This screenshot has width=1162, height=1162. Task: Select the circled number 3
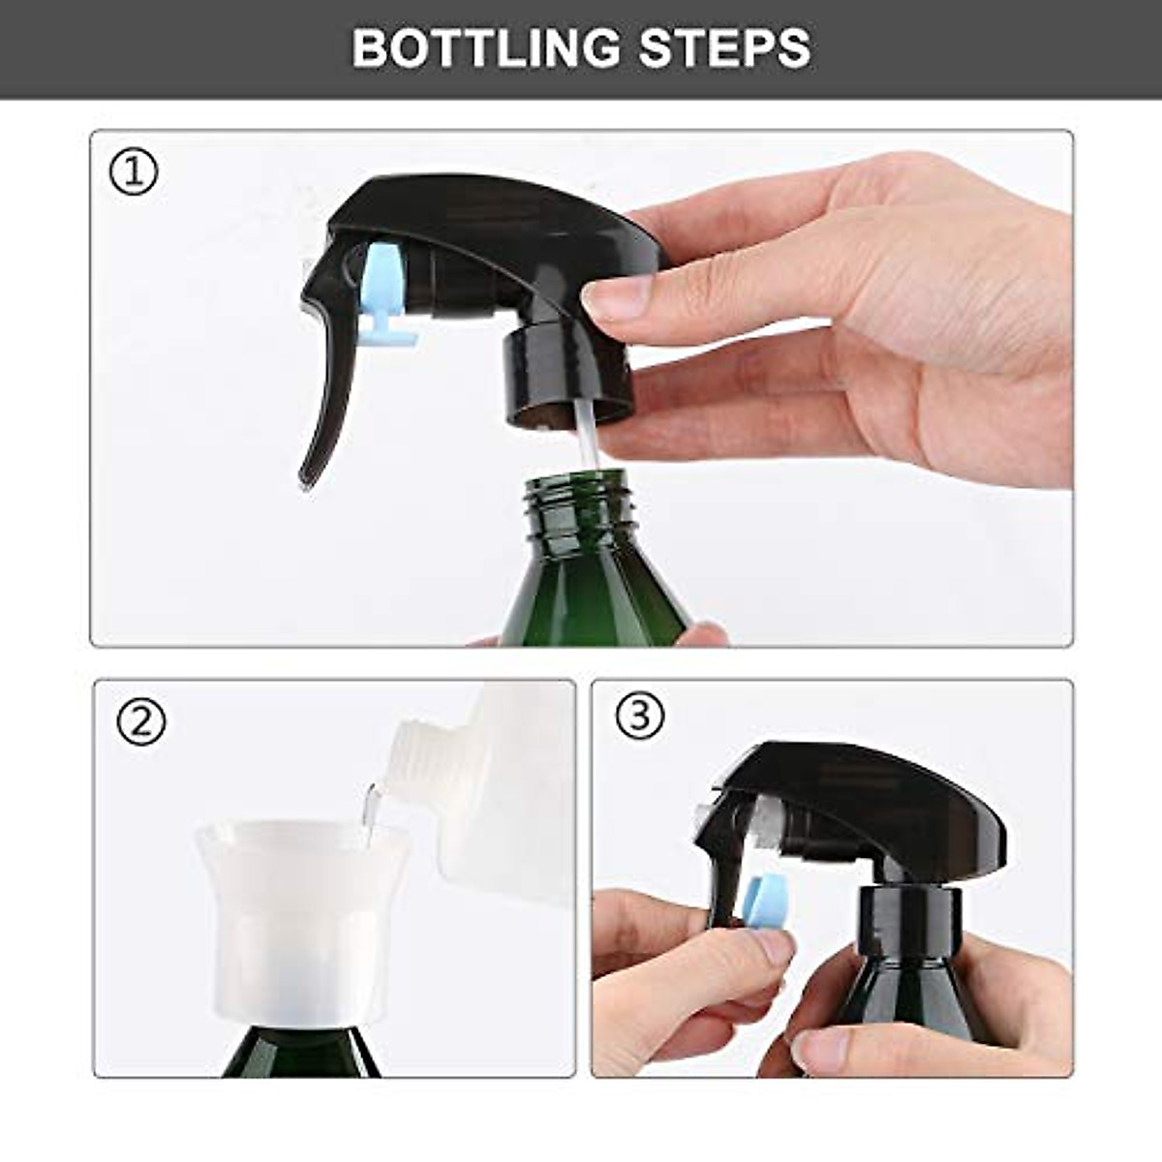tap(639, 716)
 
